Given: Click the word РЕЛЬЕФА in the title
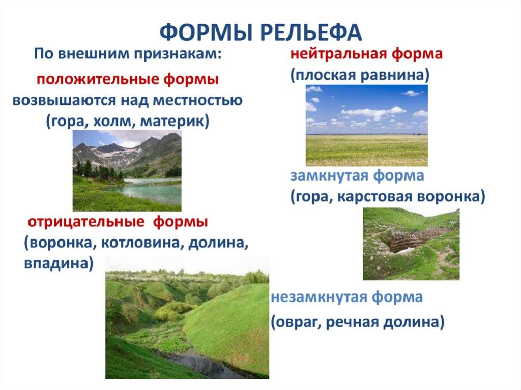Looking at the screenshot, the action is tap(311, 32).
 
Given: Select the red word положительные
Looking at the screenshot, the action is tap(98, 80).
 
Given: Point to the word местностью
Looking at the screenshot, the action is tap(198, 100).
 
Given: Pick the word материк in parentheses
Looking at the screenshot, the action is tap(172, 122).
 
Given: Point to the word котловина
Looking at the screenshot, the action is tap(141, 243).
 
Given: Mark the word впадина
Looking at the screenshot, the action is tap(56, 263).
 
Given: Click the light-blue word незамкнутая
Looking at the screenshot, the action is tap(319, 296).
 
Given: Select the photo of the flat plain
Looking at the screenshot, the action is tap(366, 125).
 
